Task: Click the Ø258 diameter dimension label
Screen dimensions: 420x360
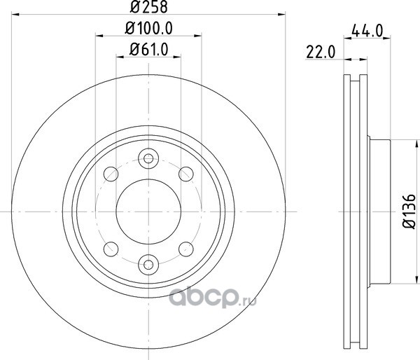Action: click(148, 7)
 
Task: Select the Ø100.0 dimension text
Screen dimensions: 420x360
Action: click(148, 28)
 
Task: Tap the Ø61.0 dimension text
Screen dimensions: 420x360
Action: click(149, 49)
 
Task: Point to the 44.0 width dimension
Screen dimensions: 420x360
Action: click(367, 31)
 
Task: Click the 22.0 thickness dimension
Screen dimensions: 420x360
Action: click(321, 52)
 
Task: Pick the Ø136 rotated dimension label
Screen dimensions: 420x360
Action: click(409, 212)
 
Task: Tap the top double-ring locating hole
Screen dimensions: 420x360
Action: click(148, 158)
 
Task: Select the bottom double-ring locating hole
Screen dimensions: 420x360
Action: click(148, 265)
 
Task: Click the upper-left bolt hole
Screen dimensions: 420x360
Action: click(111, 174)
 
